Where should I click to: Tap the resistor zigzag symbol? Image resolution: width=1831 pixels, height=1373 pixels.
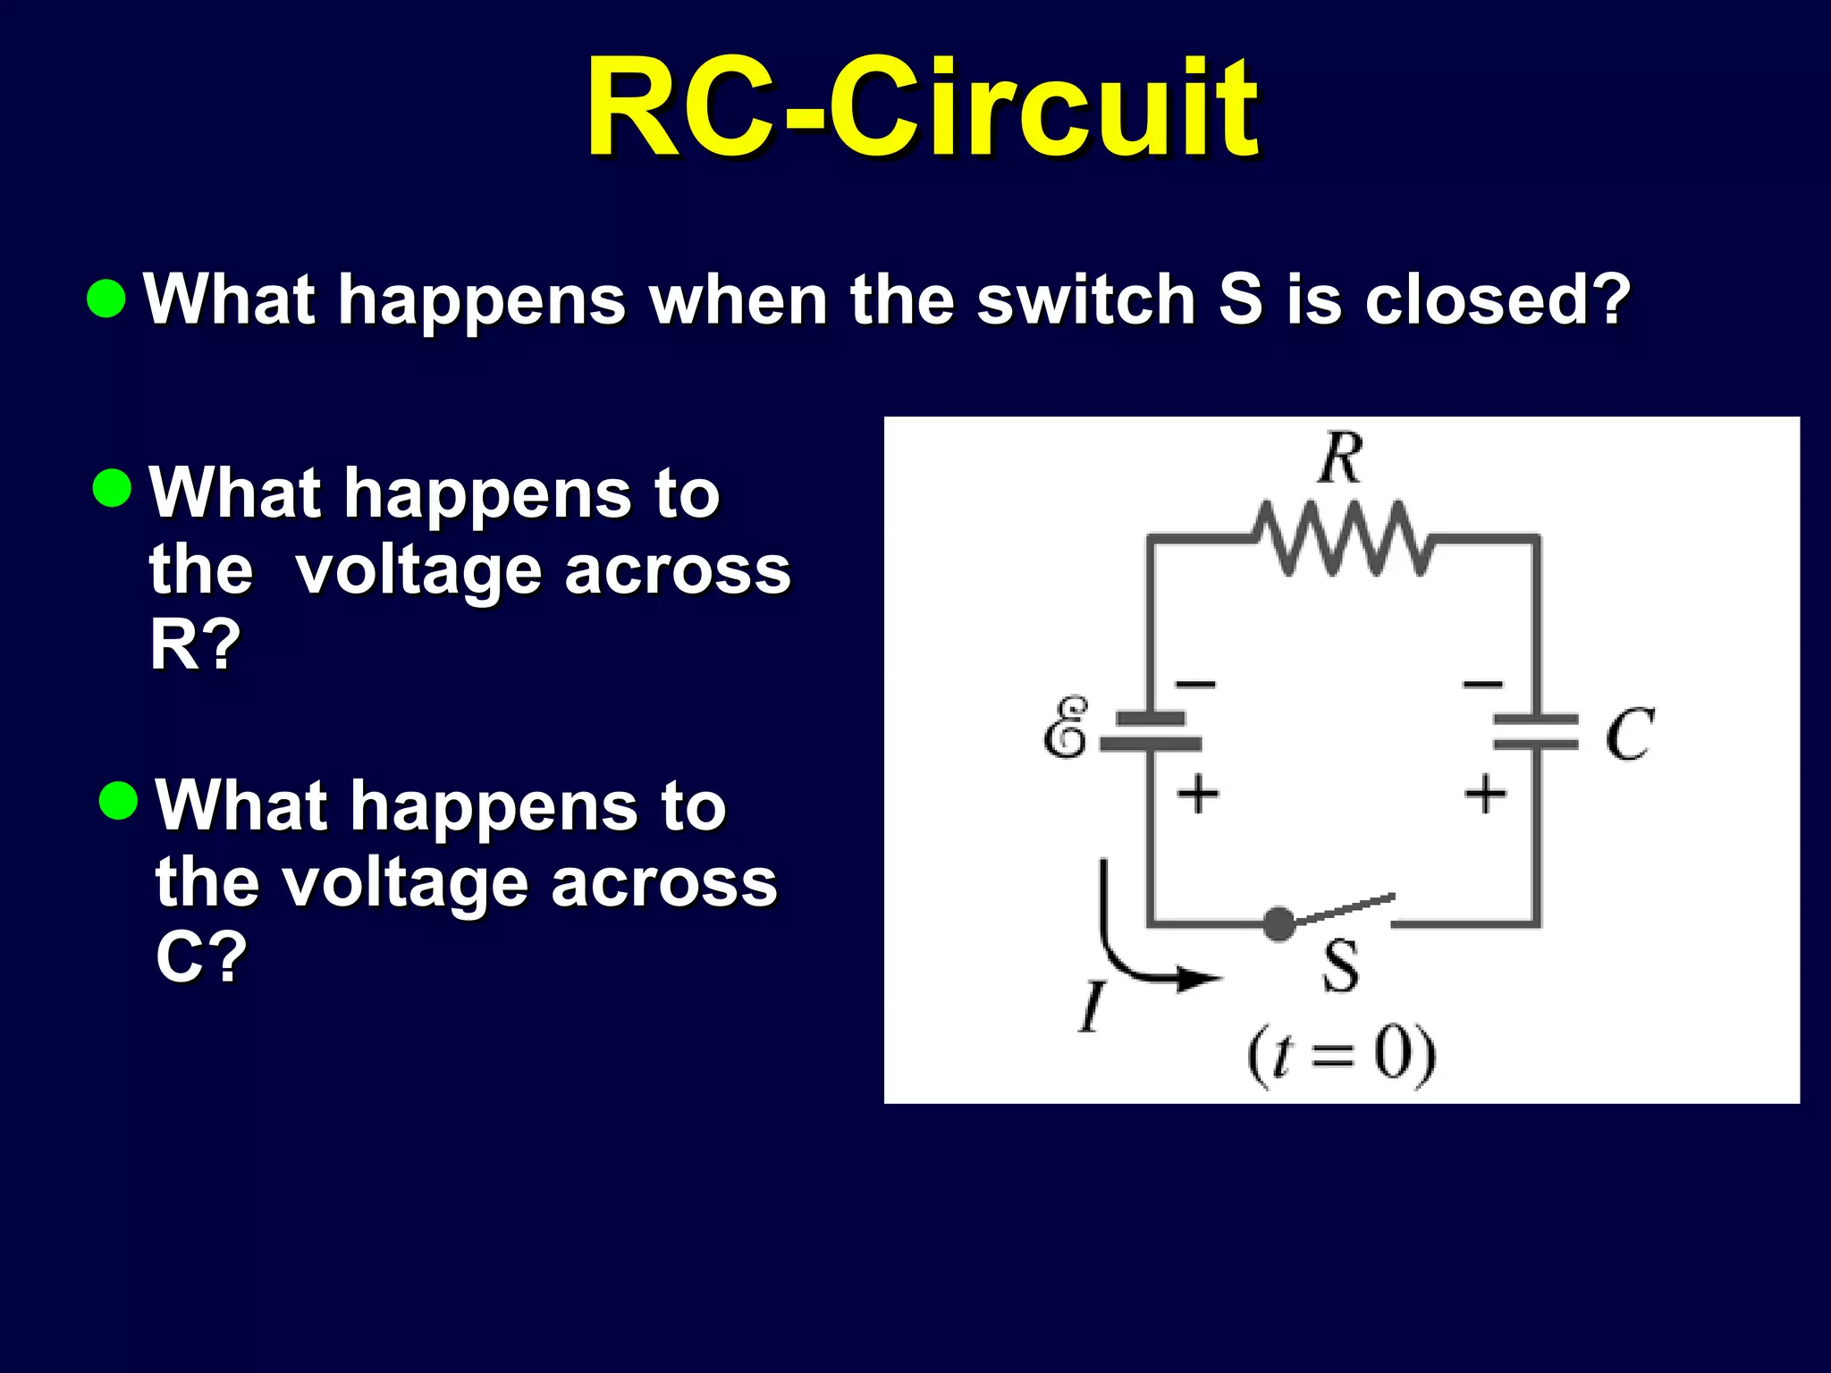pos(1341,539)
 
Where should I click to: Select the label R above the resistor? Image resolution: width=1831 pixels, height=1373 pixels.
pos(1341,458)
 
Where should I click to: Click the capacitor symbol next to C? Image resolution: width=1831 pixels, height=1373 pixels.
pos(1536,731)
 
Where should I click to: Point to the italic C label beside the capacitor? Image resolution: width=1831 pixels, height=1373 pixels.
pos(1629,735)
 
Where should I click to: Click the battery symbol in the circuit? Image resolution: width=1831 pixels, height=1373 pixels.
pos(1151,731)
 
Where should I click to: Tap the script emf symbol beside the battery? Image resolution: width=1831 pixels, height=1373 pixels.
pos(1067,728)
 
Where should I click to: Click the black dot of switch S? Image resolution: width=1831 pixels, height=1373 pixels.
pos(1279,923)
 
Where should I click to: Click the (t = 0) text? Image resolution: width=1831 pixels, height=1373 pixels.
pos(1341,1056)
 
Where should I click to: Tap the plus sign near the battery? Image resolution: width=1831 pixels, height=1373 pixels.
pos(1198,793)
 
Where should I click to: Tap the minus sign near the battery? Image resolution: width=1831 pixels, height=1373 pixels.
pos(1196,685)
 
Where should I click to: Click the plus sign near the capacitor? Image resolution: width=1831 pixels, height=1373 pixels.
pos(1485,793)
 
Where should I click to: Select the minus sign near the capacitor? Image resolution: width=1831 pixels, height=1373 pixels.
pos(1482,685)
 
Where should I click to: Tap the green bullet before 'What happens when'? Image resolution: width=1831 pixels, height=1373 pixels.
pos(106,299)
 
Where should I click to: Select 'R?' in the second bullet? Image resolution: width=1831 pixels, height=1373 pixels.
pos(195,644)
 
